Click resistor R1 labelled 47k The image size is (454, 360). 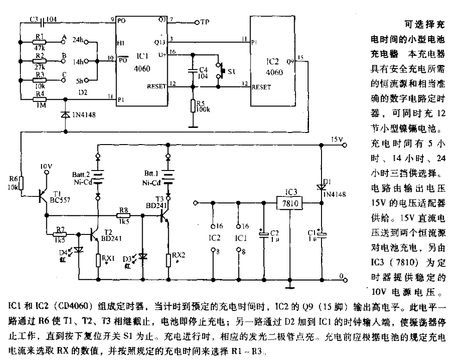coord(41,42)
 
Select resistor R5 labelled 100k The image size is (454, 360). coord(193,107)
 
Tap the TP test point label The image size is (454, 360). coord(205,22)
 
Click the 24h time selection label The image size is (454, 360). coord(77,41)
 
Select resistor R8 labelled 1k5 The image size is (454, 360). coord(124,215)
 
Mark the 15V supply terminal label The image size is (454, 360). coord(337,139)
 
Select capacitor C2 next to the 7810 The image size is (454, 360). coord(263,235)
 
